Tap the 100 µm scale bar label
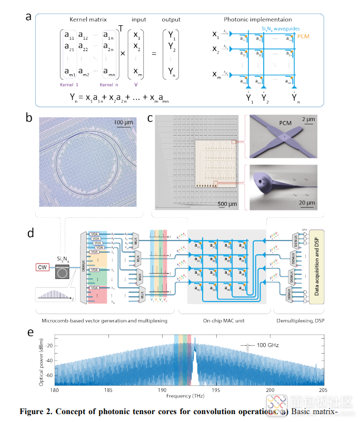(125, 124)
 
